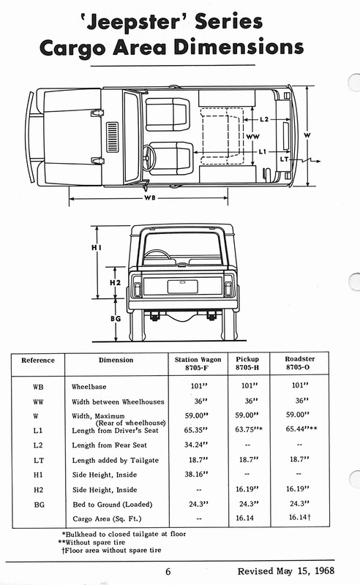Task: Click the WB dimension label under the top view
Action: point(150,197)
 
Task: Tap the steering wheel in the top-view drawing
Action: point(149,157)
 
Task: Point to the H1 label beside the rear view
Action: point(97,247)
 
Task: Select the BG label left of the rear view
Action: point(116,319)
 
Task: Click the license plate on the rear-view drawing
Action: point(183,287)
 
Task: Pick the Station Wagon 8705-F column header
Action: point(198,363)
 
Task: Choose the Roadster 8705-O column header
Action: point(299,363)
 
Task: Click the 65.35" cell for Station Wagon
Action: point(195,430)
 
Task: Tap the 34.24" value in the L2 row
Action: point(195,445)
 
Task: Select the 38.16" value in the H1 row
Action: point(196,474)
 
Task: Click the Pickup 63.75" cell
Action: point(249,429)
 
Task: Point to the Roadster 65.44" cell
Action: point(301,429)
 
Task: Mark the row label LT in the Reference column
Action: point(39,461)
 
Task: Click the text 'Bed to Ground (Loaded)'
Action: point(113,505)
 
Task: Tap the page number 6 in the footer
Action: point(168,571)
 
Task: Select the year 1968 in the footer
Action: point(325,570)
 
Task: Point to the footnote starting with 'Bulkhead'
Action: point(124,534)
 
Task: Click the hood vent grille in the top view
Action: point(113,137)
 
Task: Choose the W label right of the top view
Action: point(307,135)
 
